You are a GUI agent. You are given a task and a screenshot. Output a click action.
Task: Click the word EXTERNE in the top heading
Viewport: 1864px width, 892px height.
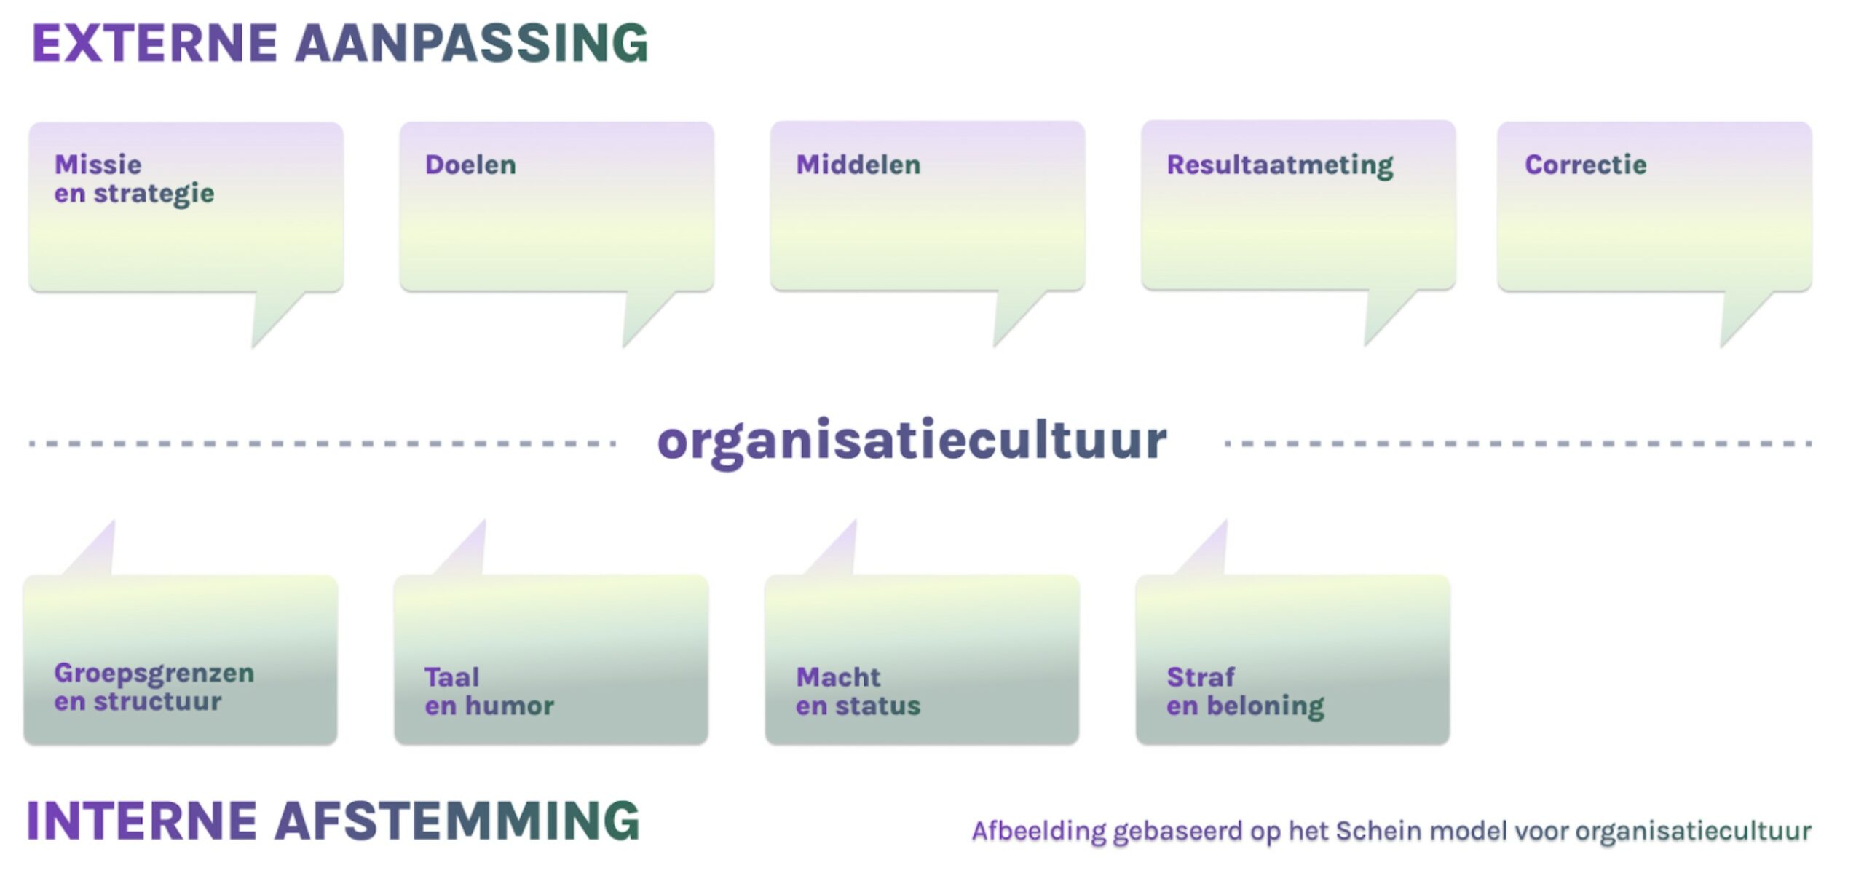pyautogui.click(x=154, y=44)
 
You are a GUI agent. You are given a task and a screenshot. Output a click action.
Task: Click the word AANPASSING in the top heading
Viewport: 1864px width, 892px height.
pyautogui.click(x=471, y=44)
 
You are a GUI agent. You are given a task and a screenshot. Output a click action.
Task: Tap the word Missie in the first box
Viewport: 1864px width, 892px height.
pyautogui.click(x=98, y=165)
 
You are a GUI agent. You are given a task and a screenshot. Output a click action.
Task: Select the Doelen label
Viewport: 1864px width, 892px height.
pyautogui.click(x=470, y=165)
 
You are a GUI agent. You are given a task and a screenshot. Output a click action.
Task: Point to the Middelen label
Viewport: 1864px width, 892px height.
pyautogui.click(x=858, y=165)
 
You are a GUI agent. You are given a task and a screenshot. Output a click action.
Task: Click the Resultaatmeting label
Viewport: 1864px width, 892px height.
pyautogui.click(x=1279, y=165)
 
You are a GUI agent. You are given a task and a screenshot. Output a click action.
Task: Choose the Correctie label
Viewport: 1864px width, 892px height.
pyautogui.click(x=1585, y=165)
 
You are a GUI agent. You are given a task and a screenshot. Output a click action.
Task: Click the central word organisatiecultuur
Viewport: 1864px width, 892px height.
pyautogui.click(x=912, y=441)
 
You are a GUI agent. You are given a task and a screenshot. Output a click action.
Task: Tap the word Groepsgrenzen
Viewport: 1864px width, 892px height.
pyautogui.click(x=154, y=674)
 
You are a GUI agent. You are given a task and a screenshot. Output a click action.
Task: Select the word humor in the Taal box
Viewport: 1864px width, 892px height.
pyautogui.click(x=510, y=706)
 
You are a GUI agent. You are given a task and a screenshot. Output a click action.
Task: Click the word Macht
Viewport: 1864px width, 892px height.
pyautogui.click(x=838, y=677)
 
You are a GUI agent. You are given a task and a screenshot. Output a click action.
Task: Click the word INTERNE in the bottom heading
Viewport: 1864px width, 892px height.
pyautogui.click(x=142, y=821)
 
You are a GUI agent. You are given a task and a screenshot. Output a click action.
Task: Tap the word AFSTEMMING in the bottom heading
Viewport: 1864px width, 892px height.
pyautogui.click(x=457, y=821)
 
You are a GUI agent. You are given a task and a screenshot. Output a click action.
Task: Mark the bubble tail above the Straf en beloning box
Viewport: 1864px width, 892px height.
pyautogui.click(x=1209, y=552)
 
